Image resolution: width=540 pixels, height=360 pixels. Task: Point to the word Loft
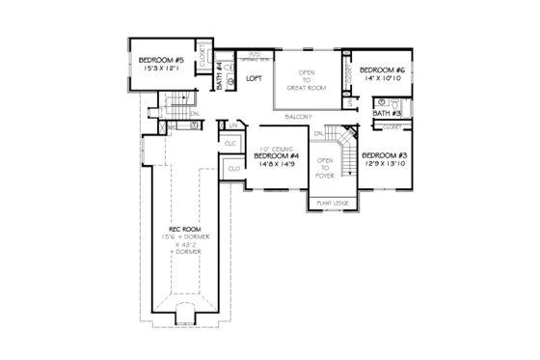coord(255,78)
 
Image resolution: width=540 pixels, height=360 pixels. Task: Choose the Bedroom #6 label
coord(382,70)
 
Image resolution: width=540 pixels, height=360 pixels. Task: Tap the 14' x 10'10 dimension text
coord(382,79)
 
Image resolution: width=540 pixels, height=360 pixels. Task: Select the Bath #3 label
coord(387,114)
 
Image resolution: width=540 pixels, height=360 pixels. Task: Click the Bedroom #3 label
coord(384,155)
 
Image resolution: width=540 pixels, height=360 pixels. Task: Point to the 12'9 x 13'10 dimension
coord(384,164)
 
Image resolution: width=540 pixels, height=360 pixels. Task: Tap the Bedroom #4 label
coord(275,155)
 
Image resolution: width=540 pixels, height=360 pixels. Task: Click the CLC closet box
coord(229,143)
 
